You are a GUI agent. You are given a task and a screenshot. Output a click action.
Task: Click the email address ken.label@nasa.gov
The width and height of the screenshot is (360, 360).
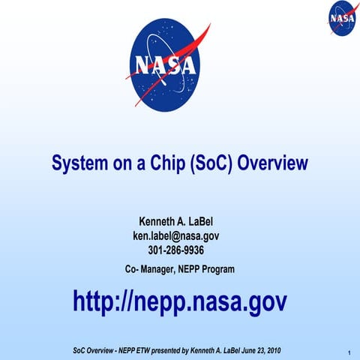180,236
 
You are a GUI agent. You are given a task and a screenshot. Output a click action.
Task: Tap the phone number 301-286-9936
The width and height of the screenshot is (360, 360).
180,250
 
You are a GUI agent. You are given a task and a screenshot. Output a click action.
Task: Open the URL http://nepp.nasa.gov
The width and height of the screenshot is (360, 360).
180,301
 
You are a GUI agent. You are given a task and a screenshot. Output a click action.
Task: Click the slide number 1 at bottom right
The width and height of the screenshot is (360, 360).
349,352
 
